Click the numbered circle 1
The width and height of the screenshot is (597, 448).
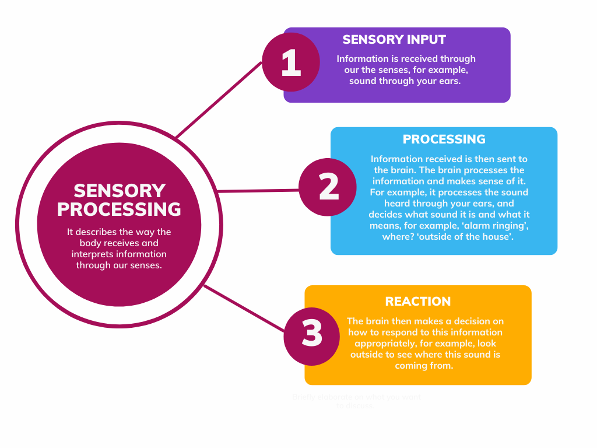290,62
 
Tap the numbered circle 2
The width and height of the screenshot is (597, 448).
328,187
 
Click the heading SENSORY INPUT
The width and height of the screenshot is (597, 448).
394,40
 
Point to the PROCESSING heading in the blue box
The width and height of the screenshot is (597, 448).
444,139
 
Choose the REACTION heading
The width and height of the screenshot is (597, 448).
417,302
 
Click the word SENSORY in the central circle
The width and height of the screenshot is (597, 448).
120,191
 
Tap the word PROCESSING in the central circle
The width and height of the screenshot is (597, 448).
120,209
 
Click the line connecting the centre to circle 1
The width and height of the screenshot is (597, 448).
219,100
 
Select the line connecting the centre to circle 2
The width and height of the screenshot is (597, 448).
257,191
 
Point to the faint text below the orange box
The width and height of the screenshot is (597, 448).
356,401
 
